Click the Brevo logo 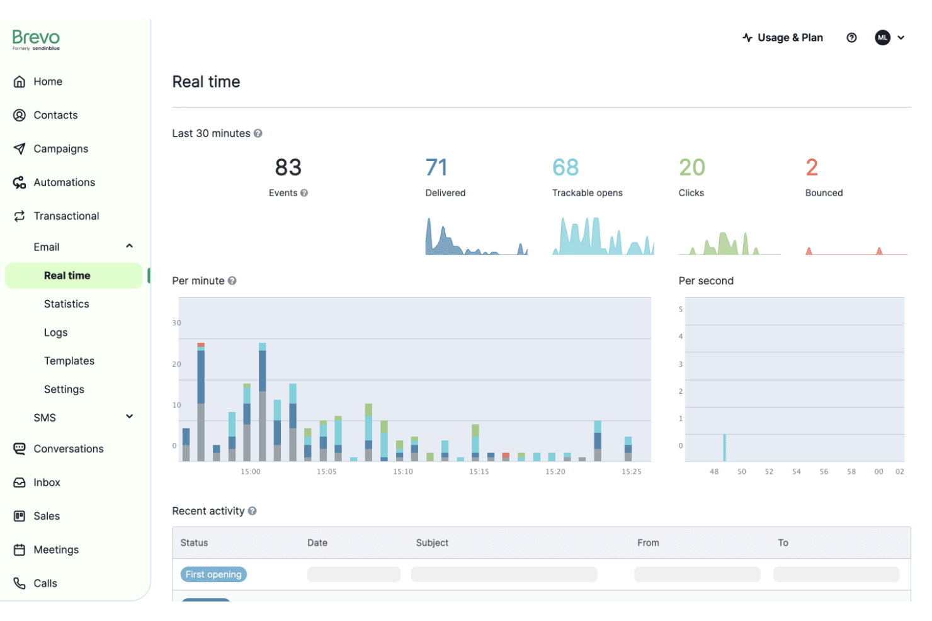coord(36,39)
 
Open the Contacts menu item coord(55,115)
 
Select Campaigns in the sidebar coord(60,148)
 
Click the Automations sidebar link coord(64,182)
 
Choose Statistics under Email coord(66,304)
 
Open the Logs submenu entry coord(55,332)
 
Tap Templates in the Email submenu coord(69,361)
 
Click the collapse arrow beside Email coord(129,246)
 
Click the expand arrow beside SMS coord(129,417)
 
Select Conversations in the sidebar coord(68,449)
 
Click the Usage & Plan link coord(783,38)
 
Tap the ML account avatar coord(882,38)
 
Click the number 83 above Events coord(288,167)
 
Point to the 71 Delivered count coord(436,167)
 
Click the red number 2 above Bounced coord(812,167)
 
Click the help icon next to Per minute coord(232,281)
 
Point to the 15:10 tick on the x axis coord(403,471)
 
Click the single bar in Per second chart coord(724,447)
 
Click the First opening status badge coord(213,574)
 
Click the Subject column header coord(432,542)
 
